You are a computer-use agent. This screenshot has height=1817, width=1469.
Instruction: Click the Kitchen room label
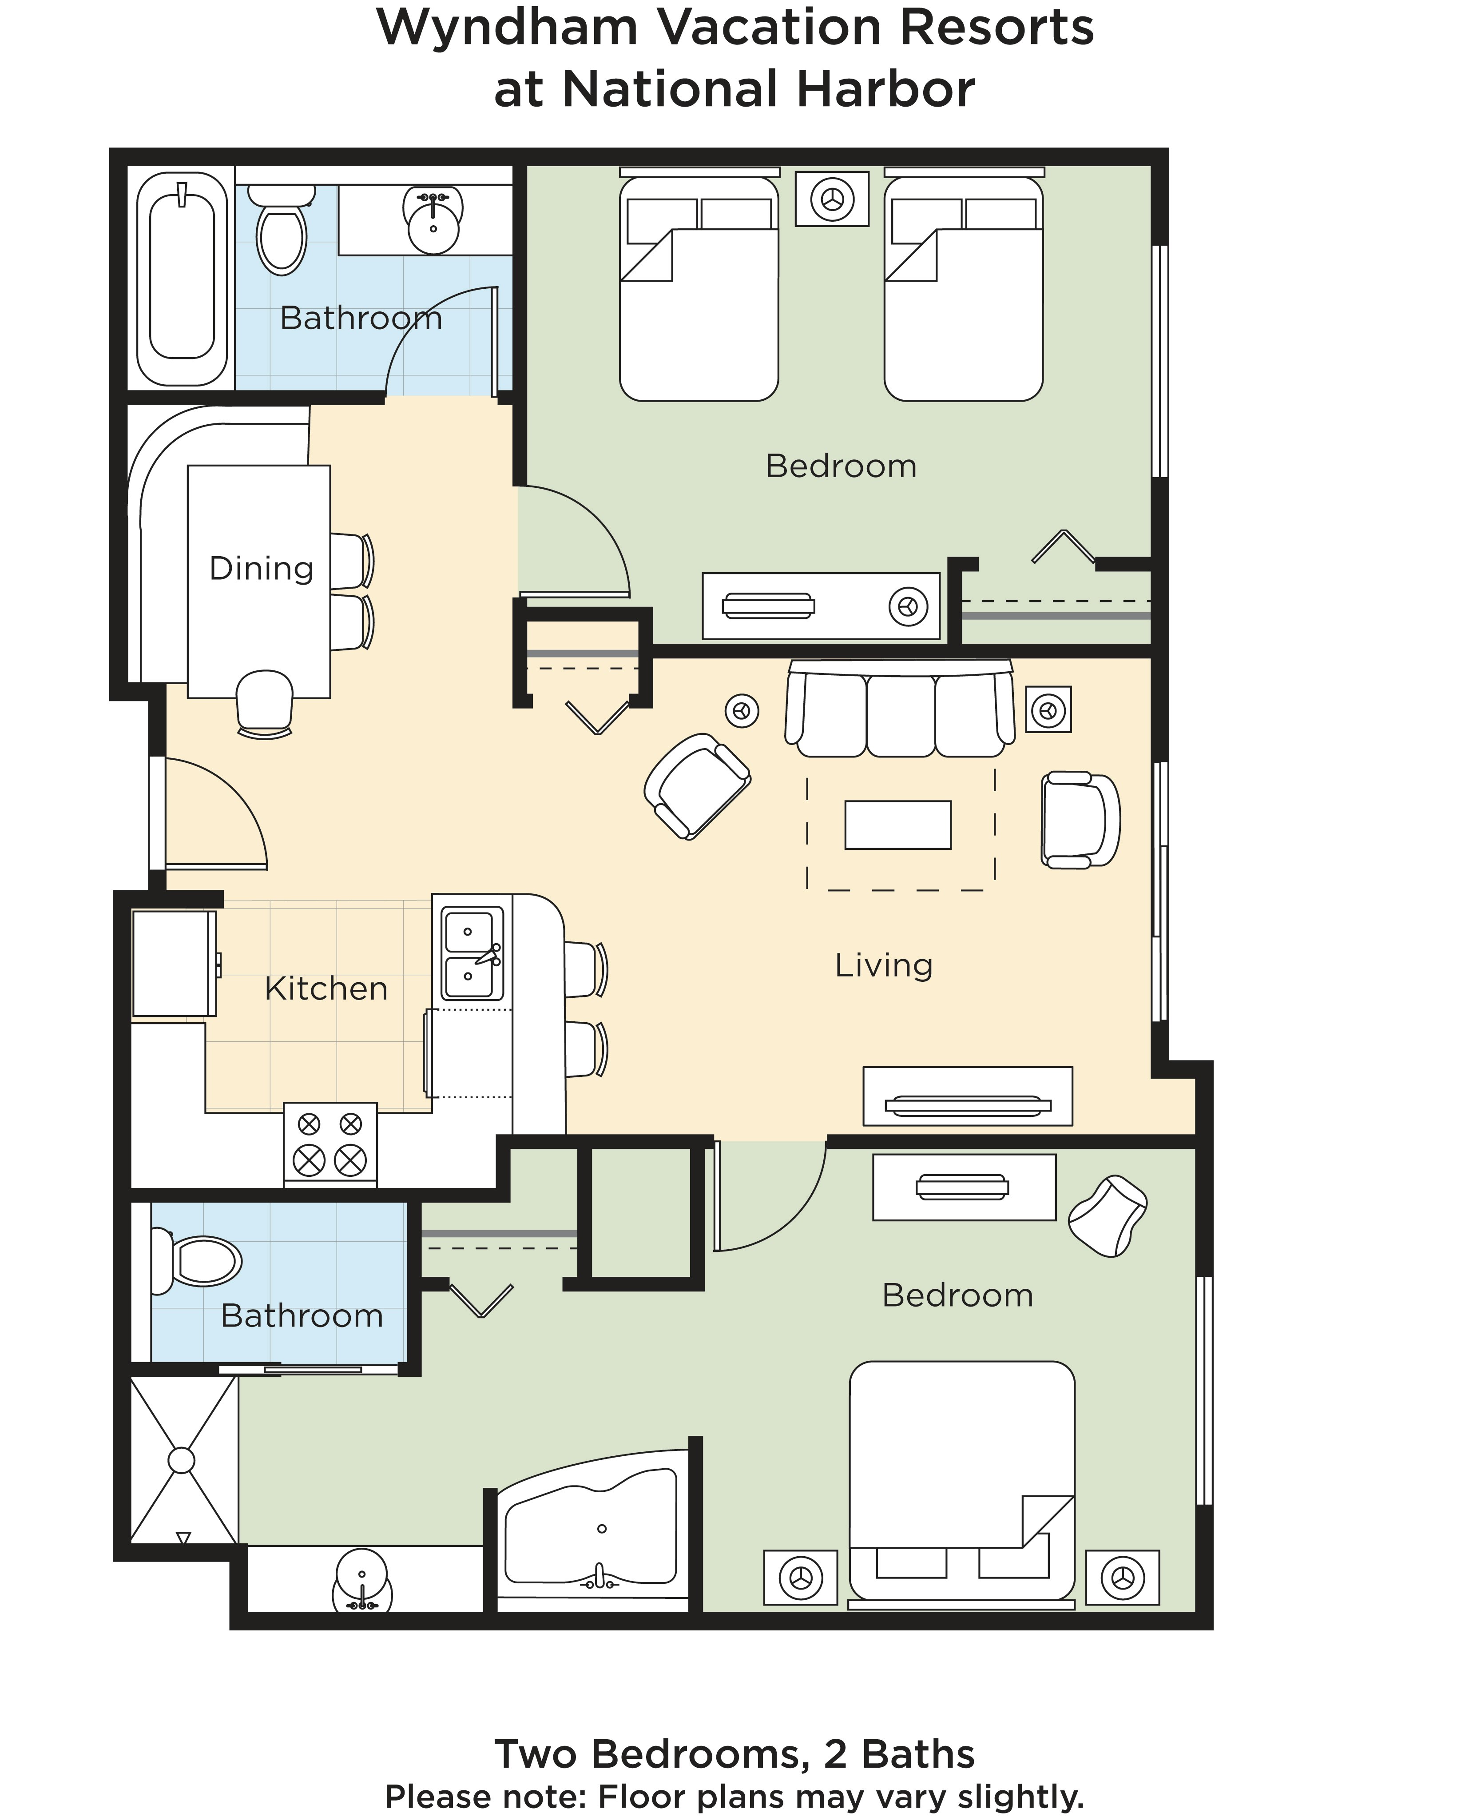point(326,988)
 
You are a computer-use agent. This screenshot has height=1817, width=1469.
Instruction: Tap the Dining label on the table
point(262,569)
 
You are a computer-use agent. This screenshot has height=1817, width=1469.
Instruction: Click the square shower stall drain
point(181,1460)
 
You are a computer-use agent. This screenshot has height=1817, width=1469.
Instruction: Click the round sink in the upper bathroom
point(433,222)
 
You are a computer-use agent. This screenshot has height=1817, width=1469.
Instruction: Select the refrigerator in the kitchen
point(175,963)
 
